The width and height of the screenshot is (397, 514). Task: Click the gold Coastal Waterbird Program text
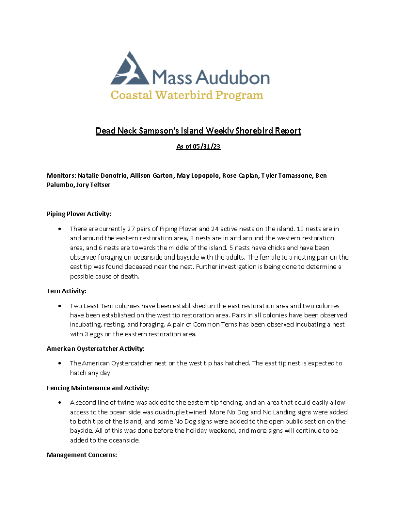[x=187, y=95]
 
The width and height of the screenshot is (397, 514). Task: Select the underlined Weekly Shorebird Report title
[x=198, y=131]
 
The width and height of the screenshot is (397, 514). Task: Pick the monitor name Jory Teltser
[x=93, y=185]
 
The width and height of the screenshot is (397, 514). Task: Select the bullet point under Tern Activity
[x=60, y=306]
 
